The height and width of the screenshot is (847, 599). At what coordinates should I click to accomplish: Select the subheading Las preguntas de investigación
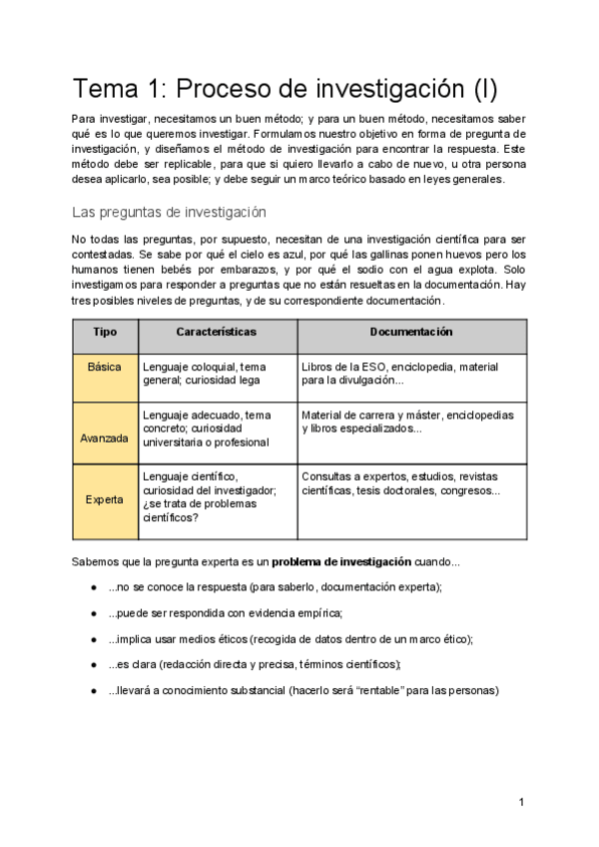coord(169,212)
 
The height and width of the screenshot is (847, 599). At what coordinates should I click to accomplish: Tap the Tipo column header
coord(105,332)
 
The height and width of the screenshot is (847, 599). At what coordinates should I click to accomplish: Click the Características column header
coord(216,332)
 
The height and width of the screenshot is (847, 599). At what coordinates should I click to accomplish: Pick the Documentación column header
coord(410,332)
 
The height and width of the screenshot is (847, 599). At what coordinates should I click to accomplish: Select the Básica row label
coord(105,368)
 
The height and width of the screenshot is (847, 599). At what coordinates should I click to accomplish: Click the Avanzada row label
coord(105,437)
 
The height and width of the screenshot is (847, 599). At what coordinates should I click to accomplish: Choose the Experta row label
coord(105,500)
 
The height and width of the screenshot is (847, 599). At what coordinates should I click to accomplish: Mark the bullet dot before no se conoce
coord(93,587)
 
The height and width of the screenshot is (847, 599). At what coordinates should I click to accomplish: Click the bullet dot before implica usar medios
coord(93,639)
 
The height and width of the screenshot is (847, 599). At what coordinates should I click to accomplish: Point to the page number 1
coord(522,802)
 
